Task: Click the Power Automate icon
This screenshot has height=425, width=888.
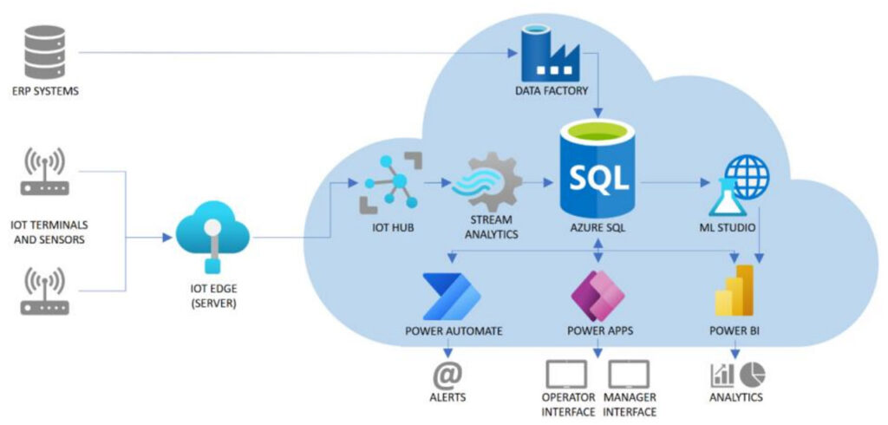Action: tap(450, 296)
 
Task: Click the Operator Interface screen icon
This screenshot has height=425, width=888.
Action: tap(566, 374)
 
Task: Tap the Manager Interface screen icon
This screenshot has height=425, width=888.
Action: tap(629, 374)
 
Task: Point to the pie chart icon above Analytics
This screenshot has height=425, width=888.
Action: tap(752, 373)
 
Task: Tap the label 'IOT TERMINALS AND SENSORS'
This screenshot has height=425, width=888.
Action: tap(49, 232)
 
